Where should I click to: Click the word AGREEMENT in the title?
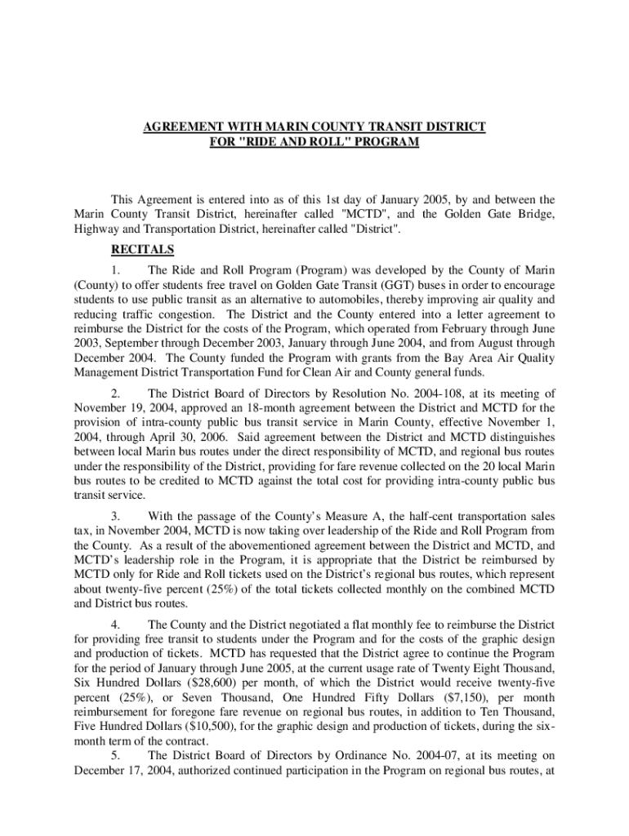coord(181,127)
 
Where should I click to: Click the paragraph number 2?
coord(115,393)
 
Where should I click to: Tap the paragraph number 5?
coord(115,755)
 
